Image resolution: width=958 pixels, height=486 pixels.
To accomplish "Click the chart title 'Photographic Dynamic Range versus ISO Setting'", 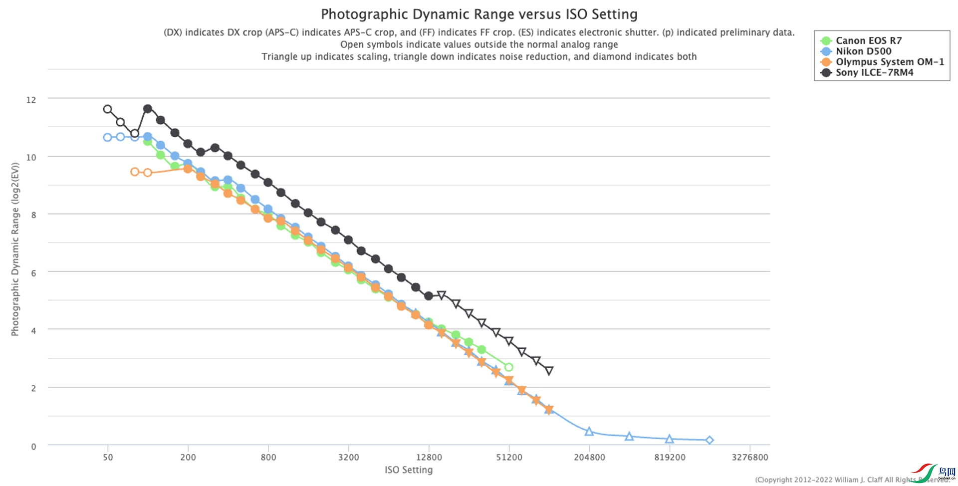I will tap(479, 14).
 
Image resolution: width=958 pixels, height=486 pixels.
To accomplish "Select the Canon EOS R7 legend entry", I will tap(868, 40).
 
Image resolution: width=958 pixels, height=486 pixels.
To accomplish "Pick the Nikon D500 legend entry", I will tap(863, 51).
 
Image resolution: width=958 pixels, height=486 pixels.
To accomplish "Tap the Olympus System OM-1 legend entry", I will tap(890, 62).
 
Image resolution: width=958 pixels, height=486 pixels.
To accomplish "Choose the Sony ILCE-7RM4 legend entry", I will tap(874, 72).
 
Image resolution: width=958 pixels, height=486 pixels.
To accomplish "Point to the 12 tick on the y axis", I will tap(31, 100).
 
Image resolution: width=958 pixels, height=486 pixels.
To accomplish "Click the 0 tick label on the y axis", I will tap(33, 447).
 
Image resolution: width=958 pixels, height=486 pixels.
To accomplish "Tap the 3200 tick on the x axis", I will tap(348, 457).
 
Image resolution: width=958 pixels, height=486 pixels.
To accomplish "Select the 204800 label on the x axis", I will tap(589, 457).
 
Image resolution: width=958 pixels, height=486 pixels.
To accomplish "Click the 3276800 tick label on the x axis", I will tap(749, 457).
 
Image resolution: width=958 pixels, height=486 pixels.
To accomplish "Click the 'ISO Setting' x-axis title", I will tap(409, 470).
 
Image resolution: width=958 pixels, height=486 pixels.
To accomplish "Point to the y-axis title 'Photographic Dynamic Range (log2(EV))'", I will tap(15, 249).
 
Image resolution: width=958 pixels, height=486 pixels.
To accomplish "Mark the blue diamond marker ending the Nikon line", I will tap(710, 440).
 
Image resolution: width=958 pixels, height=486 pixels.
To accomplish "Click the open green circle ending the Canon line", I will tap(508, 367).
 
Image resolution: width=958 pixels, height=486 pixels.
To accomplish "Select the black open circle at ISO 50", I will tap(107, 109).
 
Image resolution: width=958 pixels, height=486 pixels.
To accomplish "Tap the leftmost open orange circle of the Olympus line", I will tap(134, 172).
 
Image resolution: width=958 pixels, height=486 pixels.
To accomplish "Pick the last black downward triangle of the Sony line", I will tap(549, 371).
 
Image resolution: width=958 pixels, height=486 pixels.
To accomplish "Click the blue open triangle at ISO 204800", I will tap(589, 432).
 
